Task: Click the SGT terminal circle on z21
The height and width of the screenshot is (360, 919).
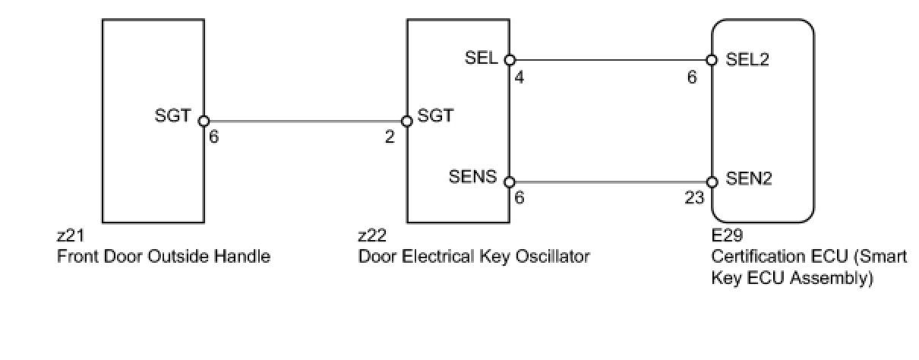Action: [204, 121]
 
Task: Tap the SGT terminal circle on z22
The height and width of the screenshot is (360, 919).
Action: [406, 121]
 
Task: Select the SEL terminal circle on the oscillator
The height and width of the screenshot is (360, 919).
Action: [510, 59]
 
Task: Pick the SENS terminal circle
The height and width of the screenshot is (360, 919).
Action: [510, 182]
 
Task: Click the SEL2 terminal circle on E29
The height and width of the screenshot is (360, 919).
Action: [712, 59]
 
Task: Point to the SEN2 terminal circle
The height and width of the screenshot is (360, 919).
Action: [712, 182]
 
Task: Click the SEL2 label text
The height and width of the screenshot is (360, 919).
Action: [748, 59]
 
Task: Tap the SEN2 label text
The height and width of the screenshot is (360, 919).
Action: [749, 179]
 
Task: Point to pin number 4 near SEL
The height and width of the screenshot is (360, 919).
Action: [520, 77]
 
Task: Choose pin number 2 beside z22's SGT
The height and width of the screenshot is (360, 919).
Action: [390, 138]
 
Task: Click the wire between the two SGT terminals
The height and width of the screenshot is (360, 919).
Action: [304, 121]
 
